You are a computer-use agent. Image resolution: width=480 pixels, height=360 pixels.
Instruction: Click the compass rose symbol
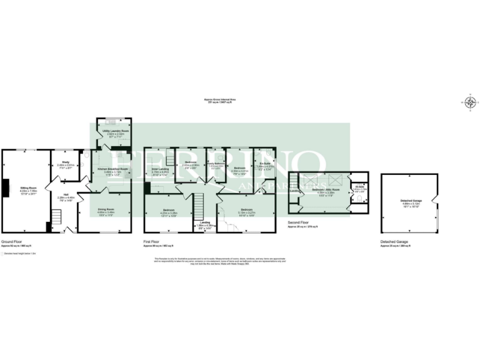[x=470, y=102]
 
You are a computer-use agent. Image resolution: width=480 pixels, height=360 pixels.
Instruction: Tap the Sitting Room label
[x=26, y=187]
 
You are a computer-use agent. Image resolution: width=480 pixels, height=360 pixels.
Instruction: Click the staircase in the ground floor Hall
[x=55, y=217]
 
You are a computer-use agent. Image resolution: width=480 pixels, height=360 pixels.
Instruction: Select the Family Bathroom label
[x=216, y=164]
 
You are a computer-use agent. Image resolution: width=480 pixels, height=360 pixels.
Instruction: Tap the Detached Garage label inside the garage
[x=411, y=201]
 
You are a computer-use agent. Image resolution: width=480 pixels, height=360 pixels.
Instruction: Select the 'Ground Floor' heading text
[x=12, y=241]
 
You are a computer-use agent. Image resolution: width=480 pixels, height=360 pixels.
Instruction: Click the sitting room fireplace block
[x=4, y=187]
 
